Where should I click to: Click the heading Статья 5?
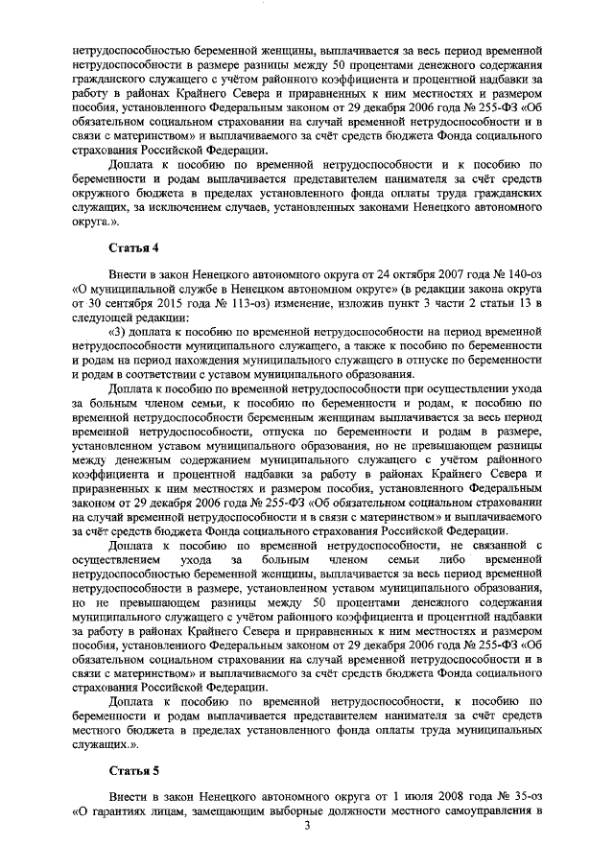tap(132, 770)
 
